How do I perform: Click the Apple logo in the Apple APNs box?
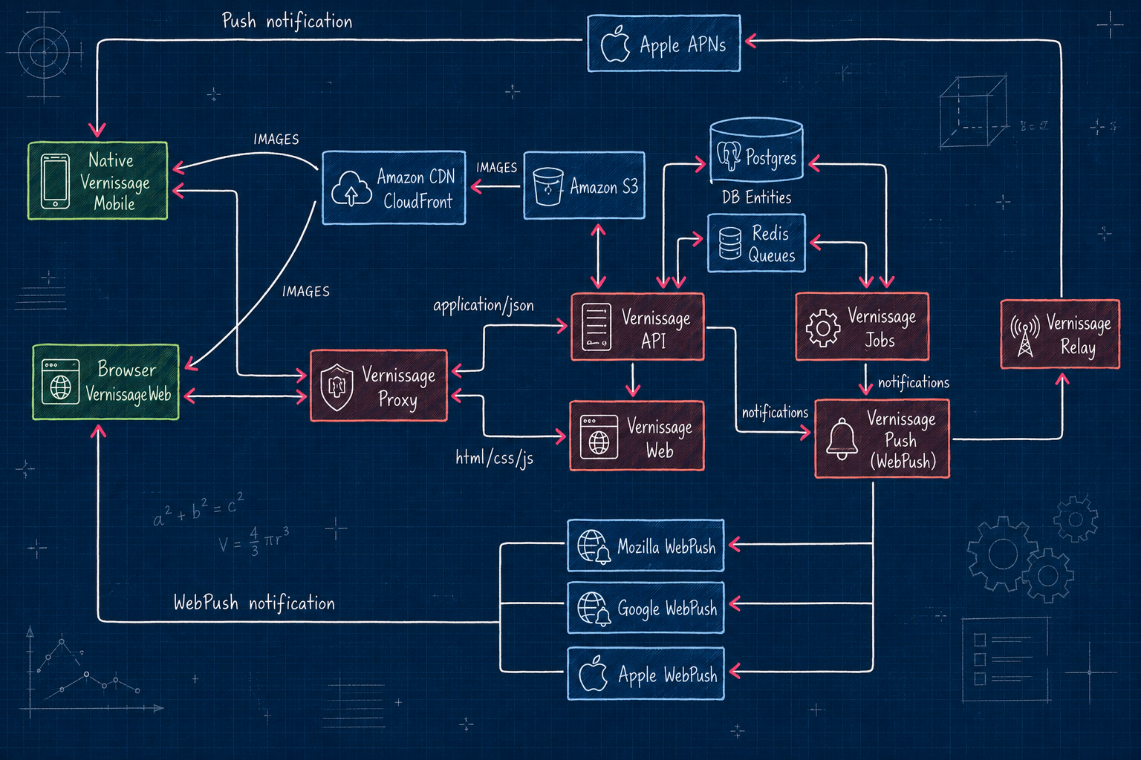coord(615,45)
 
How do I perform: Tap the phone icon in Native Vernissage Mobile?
coord(56,181)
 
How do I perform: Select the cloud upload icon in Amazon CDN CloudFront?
coord(351,189)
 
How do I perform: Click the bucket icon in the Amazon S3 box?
coord(547,186)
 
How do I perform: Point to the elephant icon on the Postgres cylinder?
coord(729,155)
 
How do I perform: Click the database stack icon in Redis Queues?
coord(730,243)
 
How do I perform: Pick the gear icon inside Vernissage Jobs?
coord(822,328)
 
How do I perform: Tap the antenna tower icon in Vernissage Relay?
coord(1025,335)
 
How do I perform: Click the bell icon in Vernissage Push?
coord(842,439)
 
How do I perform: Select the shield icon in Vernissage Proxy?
coord(337,387)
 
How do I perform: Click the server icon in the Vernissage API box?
coord(596,327)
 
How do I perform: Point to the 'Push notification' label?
coord(287,22)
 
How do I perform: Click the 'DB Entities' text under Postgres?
coord(756,197)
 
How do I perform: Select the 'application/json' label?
coord(484,306)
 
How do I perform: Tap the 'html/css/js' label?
coord(494,458)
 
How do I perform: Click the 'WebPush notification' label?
coord(254,603)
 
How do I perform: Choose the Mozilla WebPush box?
coord(646,546)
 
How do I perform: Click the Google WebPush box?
coord(646,608)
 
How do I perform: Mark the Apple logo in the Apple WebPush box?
coord(593,673)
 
